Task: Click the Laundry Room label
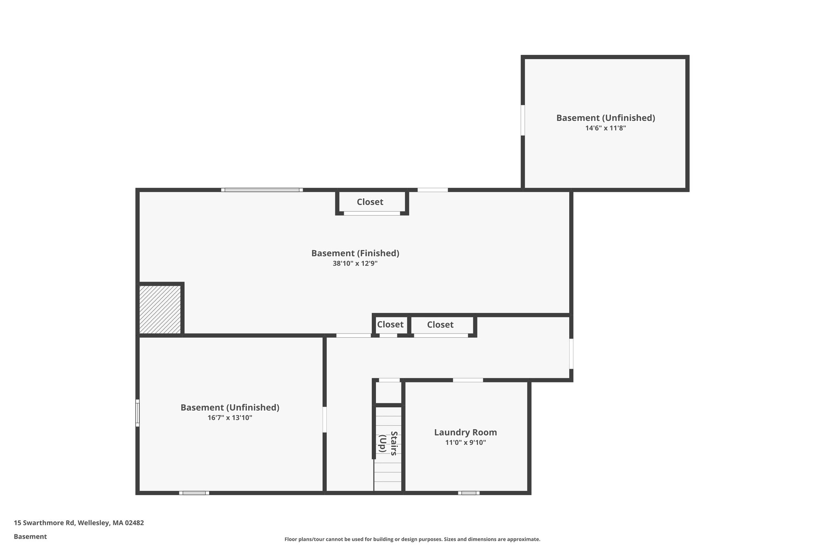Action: (465, 432)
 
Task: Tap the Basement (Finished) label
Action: (355, 253)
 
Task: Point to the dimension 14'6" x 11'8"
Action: (605, 128)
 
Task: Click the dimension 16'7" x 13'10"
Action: (230, 418)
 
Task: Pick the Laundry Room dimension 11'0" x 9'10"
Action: (465, 443)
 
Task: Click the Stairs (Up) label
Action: (388, 443)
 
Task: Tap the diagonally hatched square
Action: (160, 309)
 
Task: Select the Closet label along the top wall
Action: (370, 202)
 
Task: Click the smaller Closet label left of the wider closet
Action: (390, 324)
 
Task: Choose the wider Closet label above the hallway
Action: (440, 324)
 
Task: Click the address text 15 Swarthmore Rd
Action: (44, 523)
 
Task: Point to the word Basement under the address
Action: (30, 537)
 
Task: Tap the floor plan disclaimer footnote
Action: (412, 540)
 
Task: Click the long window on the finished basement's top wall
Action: (262, 190)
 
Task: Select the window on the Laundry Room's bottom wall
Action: (468, 493)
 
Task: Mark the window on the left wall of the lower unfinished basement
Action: (137, 413)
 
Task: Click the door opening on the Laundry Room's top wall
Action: (468, 380)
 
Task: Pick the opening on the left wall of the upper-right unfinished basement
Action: (523, 120)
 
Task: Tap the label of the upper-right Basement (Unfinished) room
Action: (605, 118)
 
